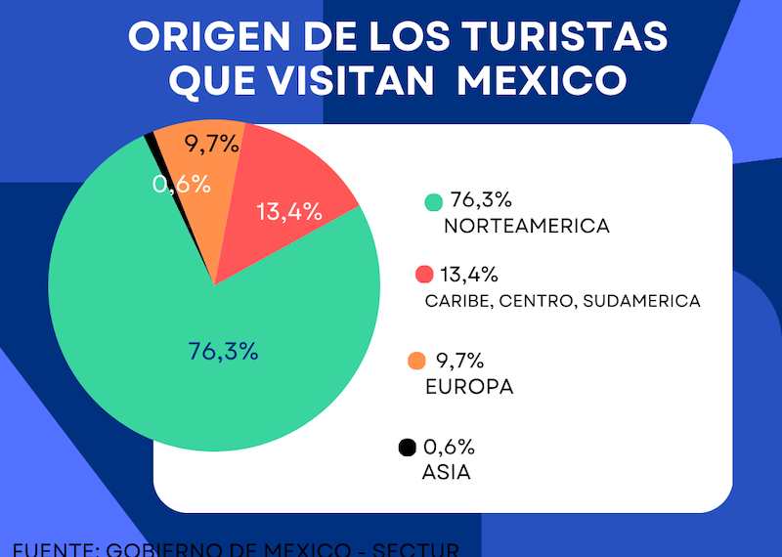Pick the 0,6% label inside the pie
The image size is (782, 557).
[x=182, y=184]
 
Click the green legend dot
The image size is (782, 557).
[x=434, y=202]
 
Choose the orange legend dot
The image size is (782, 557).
[x=415, y=362]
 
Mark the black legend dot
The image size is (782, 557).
[x=408, y=448]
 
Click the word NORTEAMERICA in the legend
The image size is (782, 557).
[x=526, y=227]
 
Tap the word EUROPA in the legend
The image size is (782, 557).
[x=469, y=387]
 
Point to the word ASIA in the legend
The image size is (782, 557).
[x=446, y=473]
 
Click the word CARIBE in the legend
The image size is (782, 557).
[x=457, y=301]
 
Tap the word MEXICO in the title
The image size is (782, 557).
[x=542, y=81]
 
